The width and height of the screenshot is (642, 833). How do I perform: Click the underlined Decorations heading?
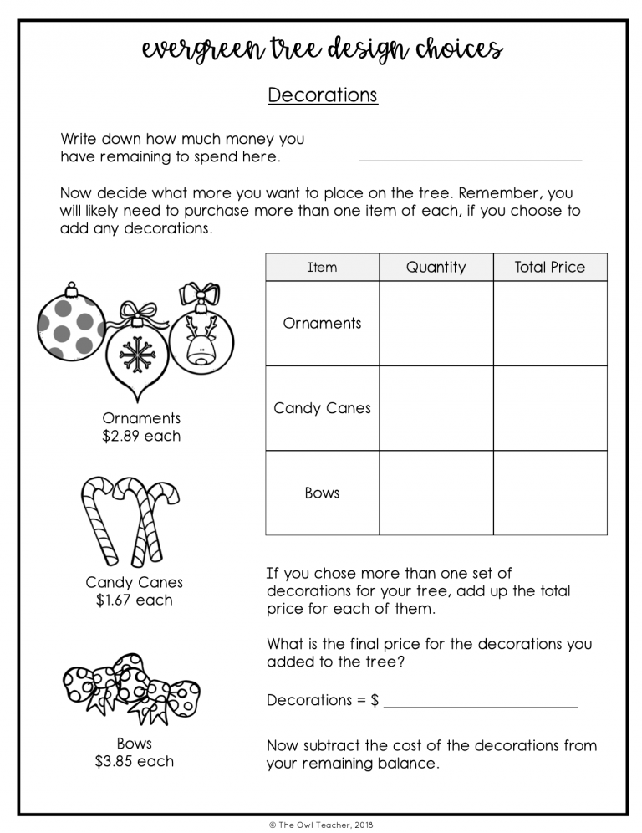(322, 95)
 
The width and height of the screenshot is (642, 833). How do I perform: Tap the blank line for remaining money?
(470, 158)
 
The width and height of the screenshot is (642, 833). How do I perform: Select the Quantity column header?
(436, 268)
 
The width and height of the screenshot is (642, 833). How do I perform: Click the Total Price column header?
(549, 268)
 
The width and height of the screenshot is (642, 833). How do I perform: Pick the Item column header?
(322, 268)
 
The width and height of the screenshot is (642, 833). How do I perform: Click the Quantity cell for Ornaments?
(436, 324)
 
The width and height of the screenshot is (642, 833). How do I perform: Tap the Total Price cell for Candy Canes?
(549, 408)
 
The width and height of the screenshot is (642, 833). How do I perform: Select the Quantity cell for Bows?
(436, 493)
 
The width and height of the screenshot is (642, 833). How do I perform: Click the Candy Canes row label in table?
(322, 408)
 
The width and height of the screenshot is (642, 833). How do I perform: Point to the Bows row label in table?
(322, 493)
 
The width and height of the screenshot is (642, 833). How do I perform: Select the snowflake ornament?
(137, 351)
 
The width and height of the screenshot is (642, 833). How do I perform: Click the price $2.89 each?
(141, 436)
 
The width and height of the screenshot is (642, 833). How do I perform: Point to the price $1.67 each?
(134, 600)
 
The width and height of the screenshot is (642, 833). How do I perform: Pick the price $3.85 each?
(134, 761)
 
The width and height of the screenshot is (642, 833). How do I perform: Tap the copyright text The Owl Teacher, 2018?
(322, 824)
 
